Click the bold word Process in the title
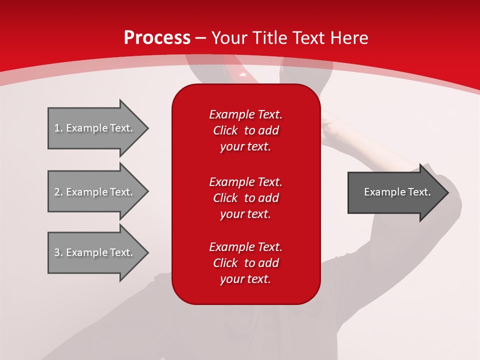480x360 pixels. point(157,38)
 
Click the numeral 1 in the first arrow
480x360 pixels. point(57,128)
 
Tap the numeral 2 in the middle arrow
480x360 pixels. point(57,192)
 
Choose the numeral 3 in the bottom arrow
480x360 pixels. point(57,252)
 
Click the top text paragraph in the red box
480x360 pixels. point(245,130)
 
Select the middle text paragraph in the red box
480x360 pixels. point(245,198)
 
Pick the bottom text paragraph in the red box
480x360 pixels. point(245,263)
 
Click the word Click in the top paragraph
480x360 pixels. point(225,131)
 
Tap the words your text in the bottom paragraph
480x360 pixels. point(245,279)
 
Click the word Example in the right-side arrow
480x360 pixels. point(381,192)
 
